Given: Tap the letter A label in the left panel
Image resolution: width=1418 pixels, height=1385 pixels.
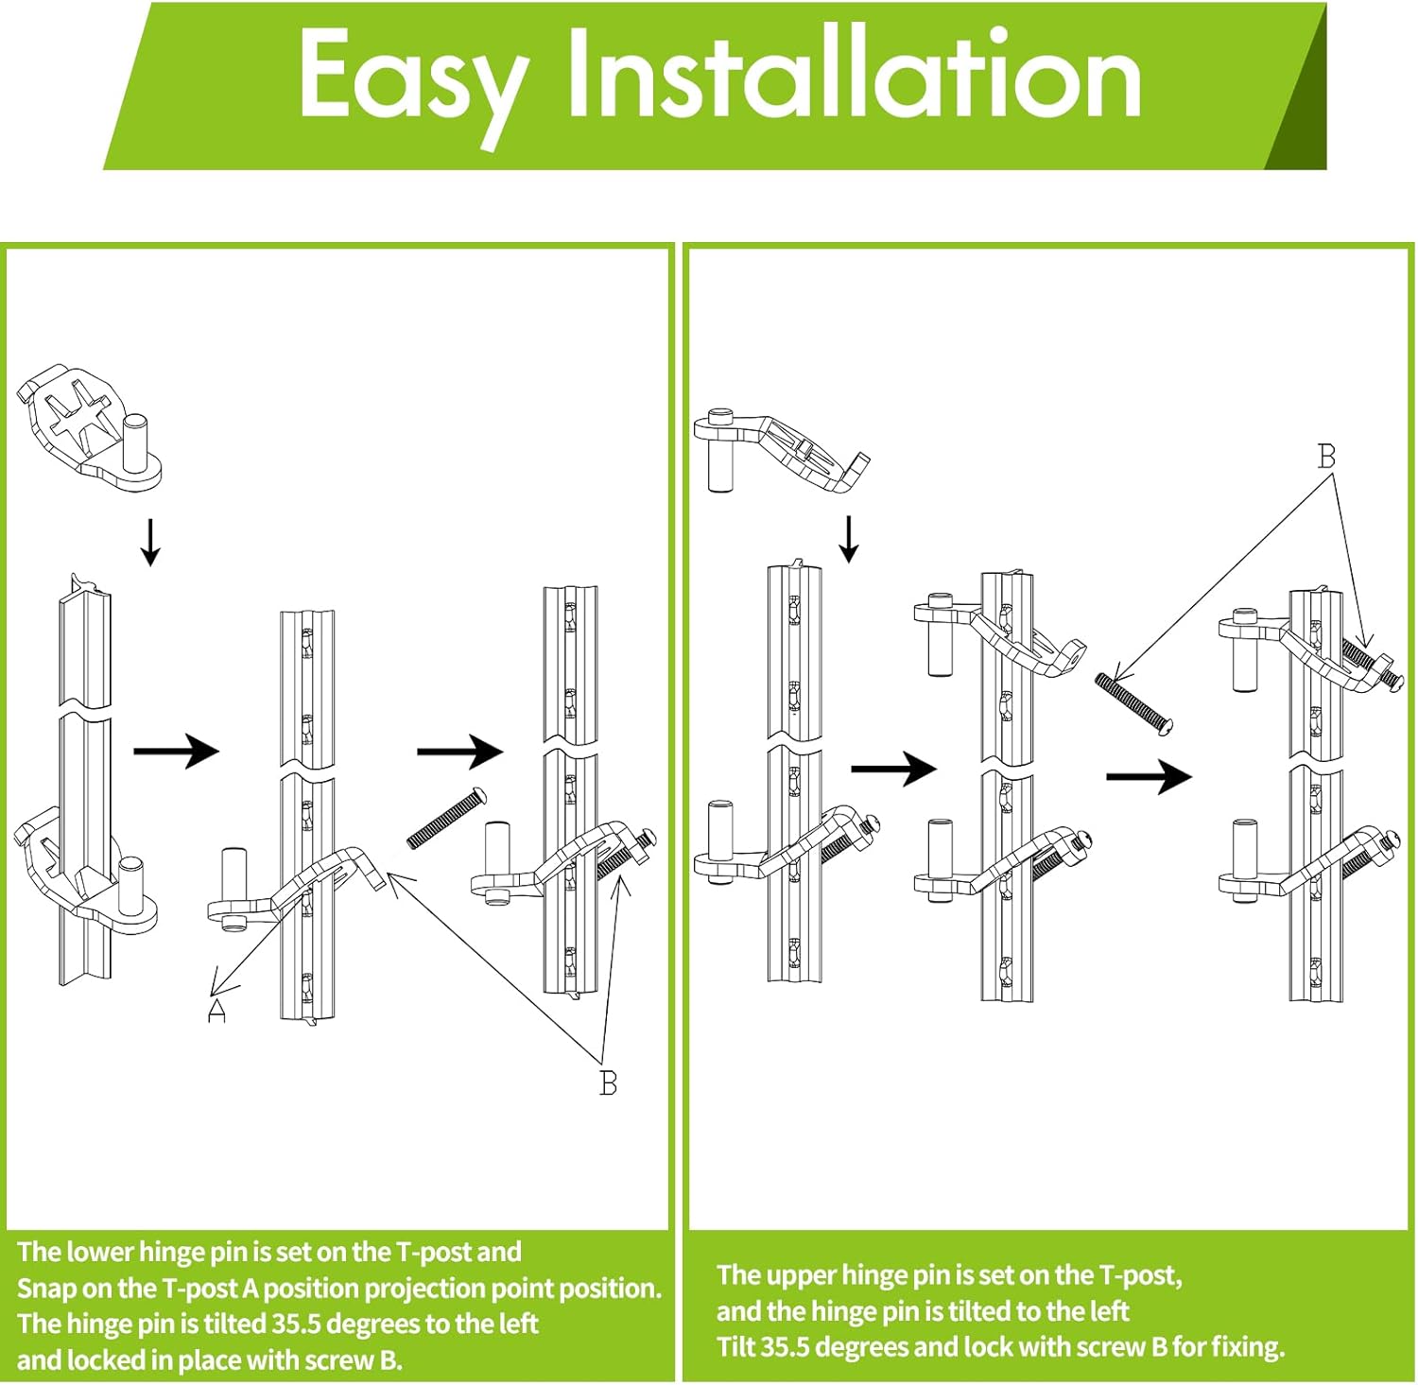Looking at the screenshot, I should point(217,1011).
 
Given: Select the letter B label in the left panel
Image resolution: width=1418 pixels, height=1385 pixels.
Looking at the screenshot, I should point(609,1082).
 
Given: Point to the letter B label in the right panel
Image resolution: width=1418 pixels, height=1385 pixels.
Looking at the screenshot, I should point(1326,457).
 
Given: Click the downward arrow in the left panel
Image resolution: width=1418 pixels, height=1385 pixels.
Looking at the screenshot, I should point(149,543).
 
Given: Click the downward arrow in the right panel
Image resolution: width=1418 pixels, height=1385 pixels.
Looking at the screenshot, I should point(849,539).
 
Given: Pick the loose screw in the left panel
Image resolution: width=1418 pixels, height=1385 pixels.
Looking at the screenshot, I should point(446,818).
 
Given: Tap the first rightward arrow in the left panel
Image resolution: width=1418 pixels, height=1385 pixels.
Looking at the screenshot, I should point(177,751).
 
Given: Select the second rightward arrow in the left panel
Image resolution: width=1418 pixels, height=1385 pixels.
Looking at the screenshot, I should point(459,752).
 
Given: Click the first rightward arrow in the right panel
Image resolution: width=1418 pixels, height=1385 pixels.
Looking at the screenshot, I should point(893,768).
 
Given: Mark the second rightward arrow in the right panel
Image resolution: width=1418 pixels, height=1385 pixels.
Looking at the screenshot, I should point(1149,777).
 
